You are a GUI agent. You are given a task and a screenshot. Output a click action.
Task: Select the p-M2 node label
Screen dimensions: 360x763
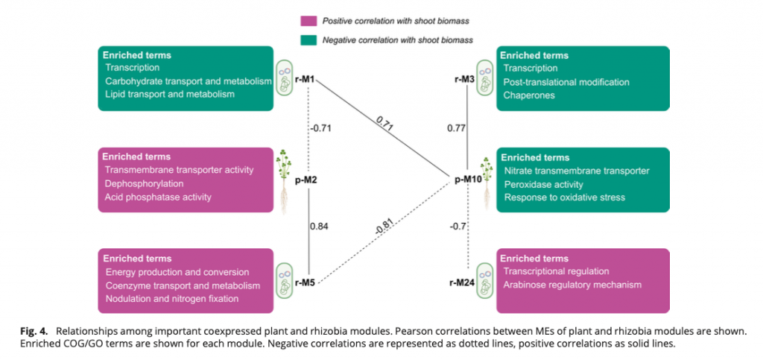click(308, 180)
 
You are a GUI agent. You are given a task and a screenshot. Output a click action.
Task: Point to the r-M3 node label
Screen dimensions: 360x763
click(466, 78)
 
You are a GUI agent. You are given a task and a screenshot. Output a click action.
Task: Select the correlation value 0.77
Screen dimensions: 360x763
click(456, 128)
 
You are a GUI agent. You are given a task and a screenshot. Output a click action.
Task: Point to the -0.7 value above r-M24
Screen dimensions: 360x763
click(458, 226)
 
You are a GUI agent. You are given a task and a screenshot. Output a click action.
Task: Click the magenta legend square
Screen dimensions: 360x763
click(306, 21)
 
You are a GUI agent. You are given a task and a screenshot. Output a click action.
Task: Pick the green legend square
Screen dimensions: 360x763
click(306, 40)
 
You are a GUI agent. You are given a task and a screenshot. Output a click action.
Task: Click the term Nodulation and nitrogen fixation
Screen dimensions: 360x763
click(172, 299)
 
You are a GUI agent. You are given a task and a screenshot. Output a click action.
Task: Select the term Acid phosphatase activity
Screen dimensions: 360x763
click(159, 198)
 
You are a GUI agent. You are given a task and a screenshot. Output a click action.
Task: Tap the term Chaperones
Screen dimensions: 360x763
click(528, 95)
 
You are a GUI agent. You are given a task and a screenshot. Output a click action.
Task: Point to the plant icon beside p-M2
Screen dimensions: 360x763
click(284, 180)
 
